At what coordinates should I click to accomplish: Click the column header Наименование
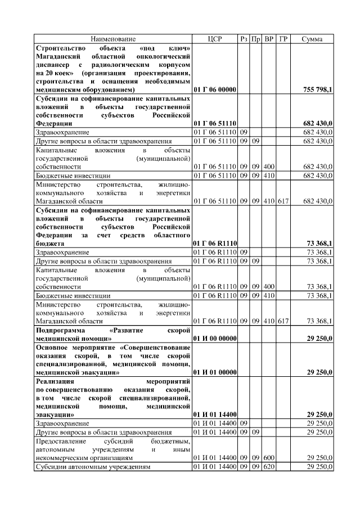tap(113, 39)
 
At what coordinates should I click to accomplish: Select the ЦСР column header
tap(215, 39)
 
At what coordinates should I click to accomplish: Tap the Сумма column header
tap(312, 39)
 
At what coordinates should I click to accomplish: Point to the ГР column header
tap(283, 39)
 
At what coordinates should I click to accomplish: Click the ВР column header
tap(269, 39)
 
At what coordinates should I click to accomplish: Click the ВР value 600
tap(269, 458)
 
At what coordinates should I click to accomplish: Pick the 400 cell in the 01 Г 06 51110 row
tap(269, 167)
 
